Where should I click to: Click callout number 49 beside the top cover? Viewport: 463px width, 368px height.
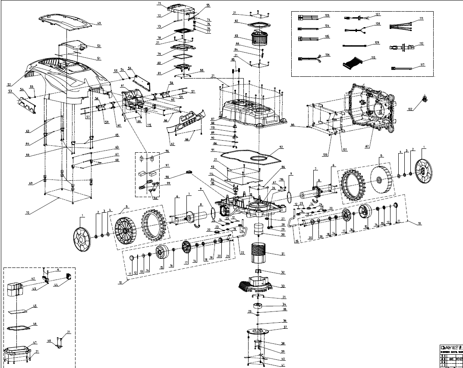point(99,23)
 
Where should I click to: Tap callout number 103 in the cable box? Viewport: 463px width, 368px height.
point(327,16)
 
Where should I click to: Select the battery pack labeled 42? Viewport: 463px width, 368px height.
point(17,290)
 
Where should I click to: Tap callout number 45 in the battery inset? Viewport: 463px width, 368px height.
point(35,306)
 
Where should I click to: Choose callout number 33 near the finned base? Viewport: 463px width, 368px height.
point(283,286)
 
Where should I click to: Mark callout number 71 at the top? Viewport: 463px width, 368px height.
point(159,3)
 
